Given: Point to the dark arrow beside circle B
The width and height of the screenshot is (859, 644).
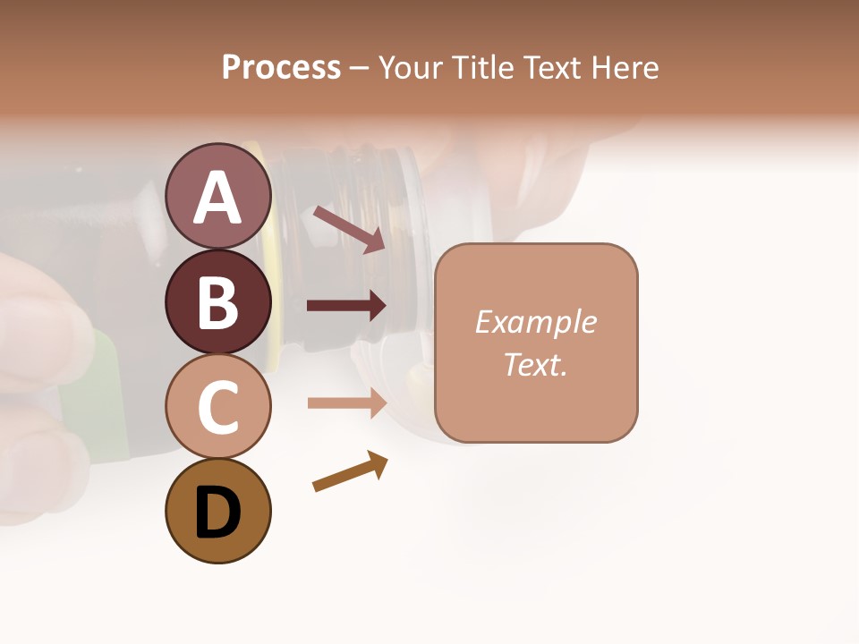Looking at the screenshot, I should [346, 306].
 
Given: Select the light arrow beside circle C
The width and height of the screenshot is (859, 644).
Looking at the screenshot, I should [346, 402].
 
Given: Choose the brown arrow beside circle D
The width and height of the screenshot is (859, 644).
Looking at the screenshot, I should [350, 471].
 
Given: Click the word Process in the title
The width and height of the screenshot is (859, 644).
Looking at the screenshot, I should [281, 67].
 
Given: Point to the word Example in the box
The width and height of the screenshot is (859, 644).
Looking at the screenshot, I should [535, 322].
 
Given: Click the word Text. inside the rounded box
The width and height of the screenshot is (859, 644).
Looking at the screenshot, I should [535, 364].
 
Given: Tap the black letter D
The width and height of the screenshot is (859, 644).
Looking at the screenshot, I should [218, 514].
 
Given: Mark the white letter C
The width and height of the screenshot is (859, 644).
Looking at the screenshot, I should [218, 408].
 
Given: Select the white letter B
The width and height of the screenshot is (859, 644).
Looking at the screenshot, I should [218, 302].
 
